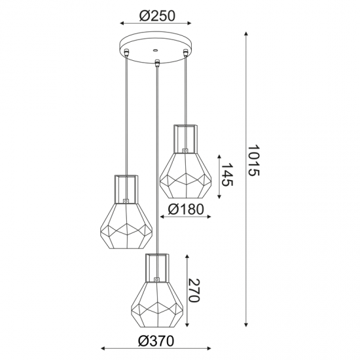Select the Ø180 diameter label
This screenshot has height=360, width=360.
pyautogui.click(x=185, y=209)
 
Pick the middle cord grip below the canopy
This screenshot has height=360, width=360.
pyautogui.click(x=157, y=63)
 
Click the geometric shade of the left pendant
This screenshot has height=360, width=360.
pyautogui.click(x=127, y=226)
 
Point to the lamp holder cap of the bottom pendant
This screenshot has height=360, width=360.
pyautogui.click(x=157, y=265)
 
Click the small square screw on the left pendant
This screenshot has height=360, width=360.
pyautogui.click(x=128, y=201)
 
